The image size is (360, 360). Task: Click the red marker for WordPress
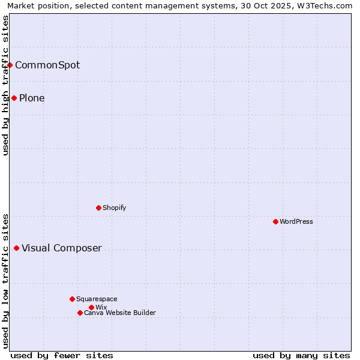point(275,221)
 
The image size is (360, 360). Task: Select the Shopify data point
point(98,208)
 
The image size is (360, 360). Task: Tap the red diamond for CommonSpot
point(10,65)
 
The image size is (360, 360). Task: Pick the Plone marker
point(14,98)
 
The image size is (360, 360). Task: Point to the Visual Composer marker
point(16,248)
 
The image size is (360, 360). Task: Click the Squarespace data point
point(72,299)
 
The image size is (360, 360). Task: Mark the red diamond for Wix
point(91,307)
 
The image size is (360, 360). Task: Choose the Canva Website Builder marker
point(80,313)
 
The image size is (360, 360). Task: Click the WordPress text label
point(296,221)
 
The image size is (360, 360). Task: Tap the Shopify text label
point(115,208)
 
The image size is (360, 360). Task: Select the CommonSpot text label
point(47,65)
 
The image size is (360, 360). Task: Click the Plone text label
point(32,98)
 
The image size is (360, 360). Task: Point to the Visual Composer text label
point(62,248)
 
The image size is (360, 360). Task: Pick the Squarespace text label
point(97,299)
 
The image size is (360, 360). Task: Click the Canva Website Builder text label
point(120,313)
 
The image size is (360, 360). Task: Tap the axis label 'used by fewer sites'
point(62,355)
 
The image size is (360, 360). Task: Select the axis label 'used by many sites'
point(301,355)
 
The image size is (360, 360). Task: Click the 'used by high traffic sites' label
point(5,85)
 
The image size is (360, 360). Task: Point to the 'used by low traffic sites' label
point(5,281)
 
